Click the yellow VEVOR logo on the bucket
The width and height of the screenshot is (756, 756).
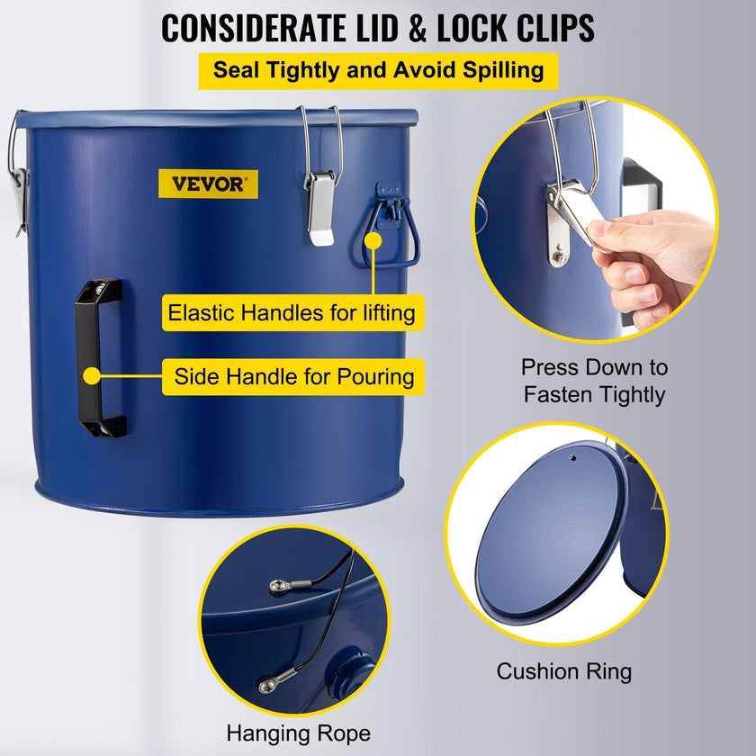(x=208, y=184)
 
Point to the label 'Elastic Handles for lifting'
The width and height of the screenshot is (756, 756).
(x=292, y=313)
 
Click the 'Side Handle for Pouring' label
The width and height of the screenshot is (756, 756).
(x=292, y=376)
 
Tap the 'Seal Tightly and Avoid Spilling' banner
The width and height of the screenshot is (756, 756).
(x=378, y=70)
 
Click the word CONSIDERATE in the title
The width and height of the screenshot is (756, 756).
(x=254, y=29)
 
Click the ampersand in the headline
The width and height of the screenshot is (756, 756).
(x=418, y=29)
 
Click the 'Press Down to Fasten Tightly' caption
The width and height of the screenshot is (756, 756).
(x=595, y=381)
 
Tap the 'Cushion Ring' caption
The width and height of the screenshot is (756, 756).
(x=564, y=671)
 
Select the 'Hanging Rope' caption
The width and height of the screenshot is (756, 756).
(x=299, y=733)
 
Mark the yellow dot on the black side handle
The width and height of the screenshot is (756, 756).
(x=92, y=376)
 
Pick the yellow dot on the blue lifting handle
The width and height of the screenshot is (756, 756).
(x=373, y=240)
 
